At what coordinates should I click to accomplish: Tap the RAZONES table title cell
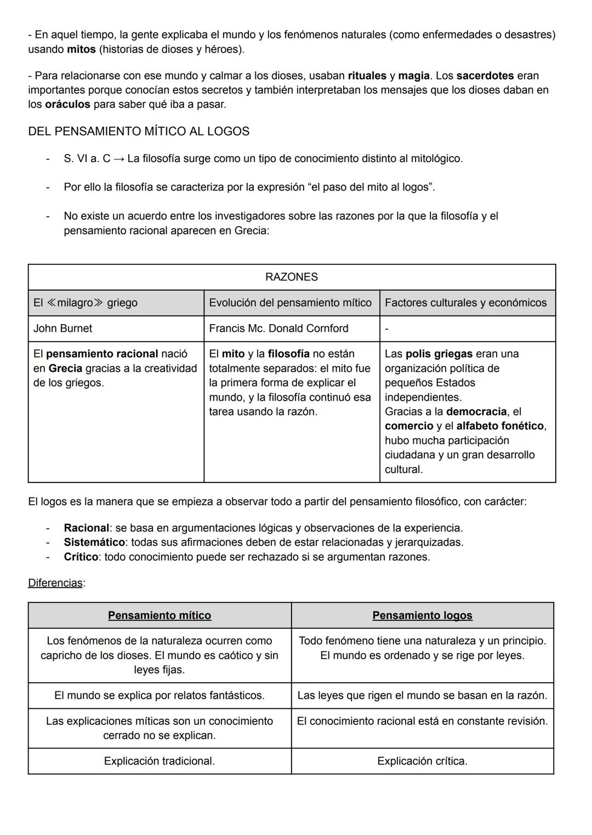tap(291, 277)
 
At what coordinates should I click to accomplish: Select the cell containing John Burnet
tap(62, 329)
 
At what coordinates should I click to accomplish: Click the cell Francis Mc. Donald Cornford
tap(278, 329)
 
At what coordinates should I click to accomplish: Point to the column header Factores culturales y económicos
tap(465, 303)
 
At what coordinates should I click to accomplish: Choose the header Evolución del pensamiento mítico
tap(290, 303)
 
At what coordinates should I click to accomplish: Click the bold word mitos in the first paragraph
tap(81, 49)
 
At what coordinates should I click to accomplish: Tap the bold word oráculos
tap(67, 104)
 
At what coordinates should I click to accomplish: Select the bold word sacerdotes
tap(485, 76)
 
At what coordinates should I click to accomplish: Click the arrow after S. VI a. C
tap(118, 159)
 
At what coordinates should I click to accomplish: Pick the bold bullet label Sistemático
tap(94, 542)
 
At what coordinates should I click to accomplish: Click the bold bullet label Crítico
tap(81, 557)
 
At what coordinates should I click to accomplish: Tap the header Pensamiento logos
tap(422, 615)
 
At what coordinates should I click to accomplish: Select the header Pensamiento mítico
tap(160, 615)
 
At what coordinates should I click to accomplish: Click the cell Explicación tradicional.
tap(160, 761)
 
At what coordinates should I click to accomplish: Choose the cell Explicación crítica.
tap(422, 761)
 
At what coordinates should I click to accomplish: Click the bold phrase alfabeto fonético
tap(500, 426)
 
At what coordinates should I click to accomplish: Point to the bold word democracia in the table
tap(476, 412)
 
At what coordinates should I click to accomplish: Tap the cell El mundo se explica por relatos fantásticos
tap(160, 695)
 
